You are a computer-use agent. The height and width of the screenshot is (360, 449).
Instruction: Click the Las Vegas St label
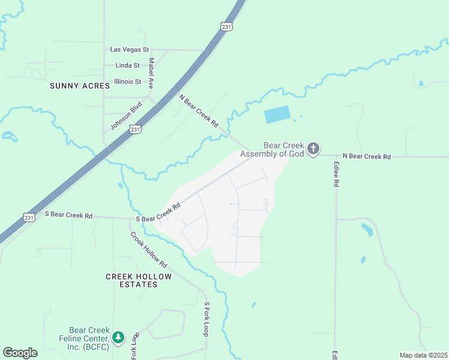[128, 50]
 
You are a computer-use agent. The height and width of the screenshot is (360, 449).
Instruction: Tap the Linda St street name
[127, 65]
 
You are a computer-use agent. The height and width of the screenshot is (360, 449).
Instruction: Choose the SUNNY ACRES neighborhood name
[80, 86]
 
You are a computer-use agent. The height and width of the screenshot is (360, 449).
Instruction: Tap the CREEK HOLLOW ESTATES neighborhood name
[139, 280]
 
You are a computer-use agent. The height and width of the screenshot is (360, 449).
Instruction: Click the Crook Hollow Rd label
[149, 250]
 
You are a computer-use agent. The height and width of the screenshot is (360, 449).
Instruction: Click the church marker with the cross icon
[313, 149]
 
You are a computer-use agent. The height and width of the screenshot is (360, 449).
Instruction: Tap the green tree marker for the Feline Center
[119, 337]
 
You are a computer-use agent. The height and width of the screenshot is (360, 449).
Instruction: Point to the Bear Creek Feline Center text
[84, 338]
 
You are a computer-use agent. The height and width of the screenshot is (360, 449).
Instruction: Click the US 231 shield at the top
[226, 26]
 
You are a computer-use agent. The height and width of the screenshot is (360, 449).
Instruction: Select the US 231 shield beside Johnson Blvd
[136, 129]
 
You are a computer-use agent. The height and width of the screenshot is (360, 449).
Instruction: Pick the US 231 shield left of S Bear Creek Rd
[28, 217]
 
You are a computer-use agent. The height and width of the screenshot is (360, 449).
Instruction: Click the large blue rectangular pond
[277, 114]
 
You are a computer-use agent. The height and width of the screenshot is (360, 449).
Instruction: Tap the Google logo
[20, 353]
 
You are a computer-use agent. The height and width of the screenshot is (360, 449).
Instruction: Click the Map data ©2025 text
[423, 355]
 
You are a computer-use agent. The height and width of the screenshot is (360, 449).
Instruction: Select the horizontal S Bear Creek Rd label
[68, 215]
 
